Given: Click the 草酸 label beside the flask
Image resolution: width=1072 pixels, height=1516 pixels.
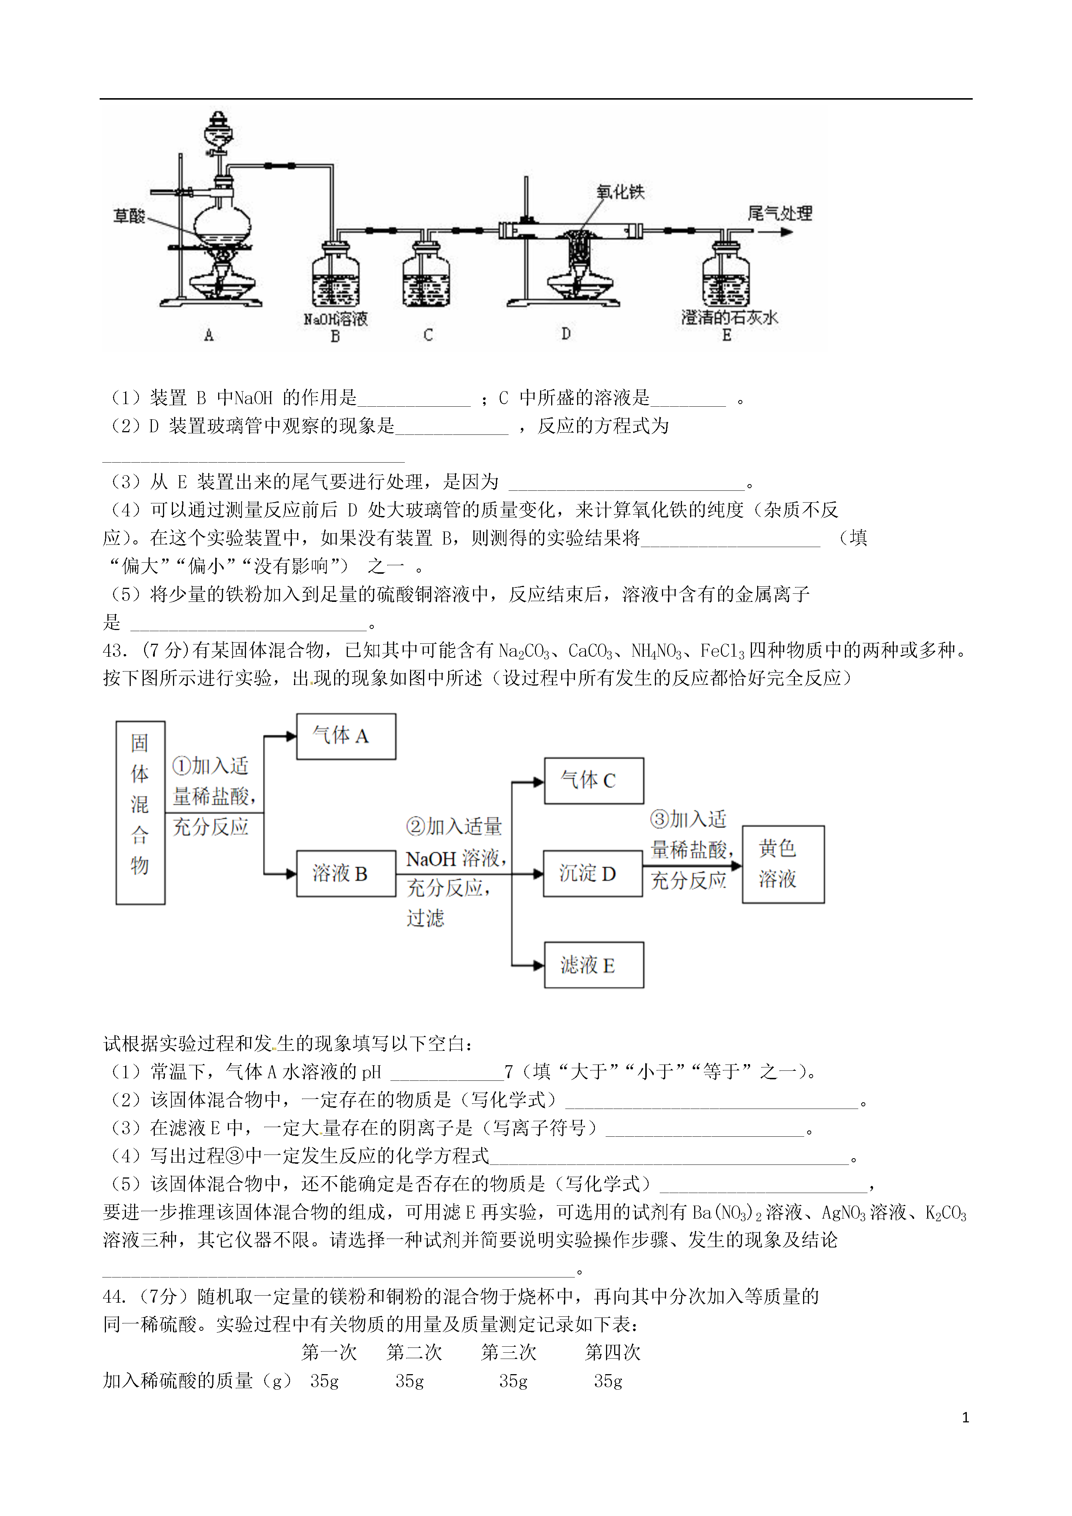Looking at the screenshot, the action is click(129, 216).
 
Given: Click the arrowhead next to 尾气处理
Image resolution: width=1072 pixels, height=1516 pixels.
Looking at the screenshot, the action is click(786, 232).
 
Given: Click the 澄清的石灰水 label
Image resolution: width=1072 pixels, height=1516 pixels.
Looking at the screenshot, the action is click(730, 317).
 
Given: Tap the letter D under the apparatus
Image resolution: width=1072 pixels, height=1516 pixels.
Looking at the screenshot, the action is click(566, 334).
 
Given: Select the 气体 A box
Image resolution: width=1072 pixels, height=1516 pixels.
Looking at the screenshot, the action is click(346, 736).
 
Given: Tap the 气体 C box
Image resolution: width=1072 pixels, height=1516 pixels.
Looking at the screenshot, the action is click(594, 780).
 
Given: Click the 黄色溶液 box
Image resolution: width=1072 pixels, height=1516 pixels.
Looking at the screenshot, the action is click(783, 864).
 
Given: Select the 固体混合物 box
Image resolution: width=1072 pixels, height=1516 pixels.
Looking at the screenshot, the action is click(140, 813).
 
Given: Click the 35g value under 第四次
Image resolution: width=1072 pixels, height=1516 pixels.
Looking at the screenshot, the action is click(607, 1381).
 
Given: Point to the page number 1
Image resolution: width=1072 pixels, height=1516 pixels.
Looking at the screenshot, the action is click(966, 1417).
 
